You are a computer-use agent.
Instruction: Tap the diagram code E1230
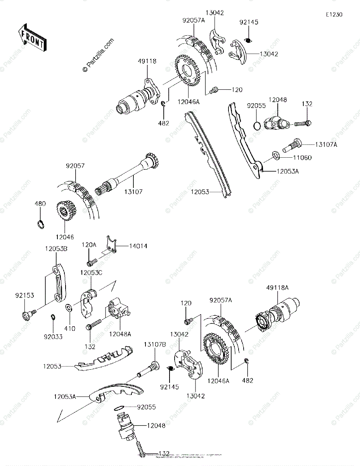click(334, 15)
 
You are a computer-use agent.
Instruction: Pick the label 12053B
click(57, 248)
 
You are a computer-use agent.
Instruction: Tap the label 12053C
click(91, 273)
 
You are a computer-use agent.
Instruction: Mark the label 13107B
click(155, 344)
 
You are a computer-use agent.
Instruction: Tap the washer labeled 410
click(68, 308)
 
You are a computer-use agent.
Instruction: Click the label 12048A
click(120, 333)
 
